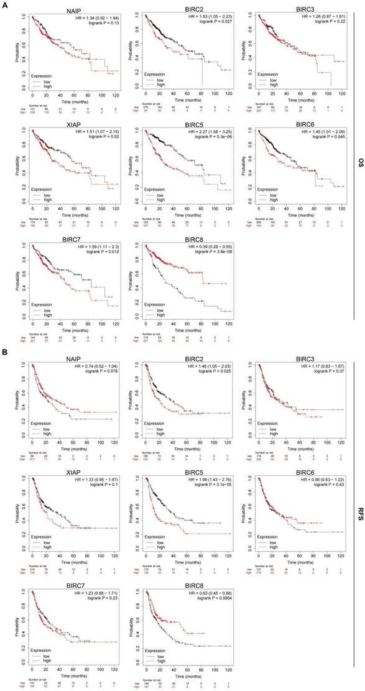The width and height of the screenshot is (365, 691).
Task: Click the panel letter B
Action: point(4,350)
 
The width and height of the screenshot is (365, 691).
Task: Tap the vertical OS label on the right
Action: point(359,163)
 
